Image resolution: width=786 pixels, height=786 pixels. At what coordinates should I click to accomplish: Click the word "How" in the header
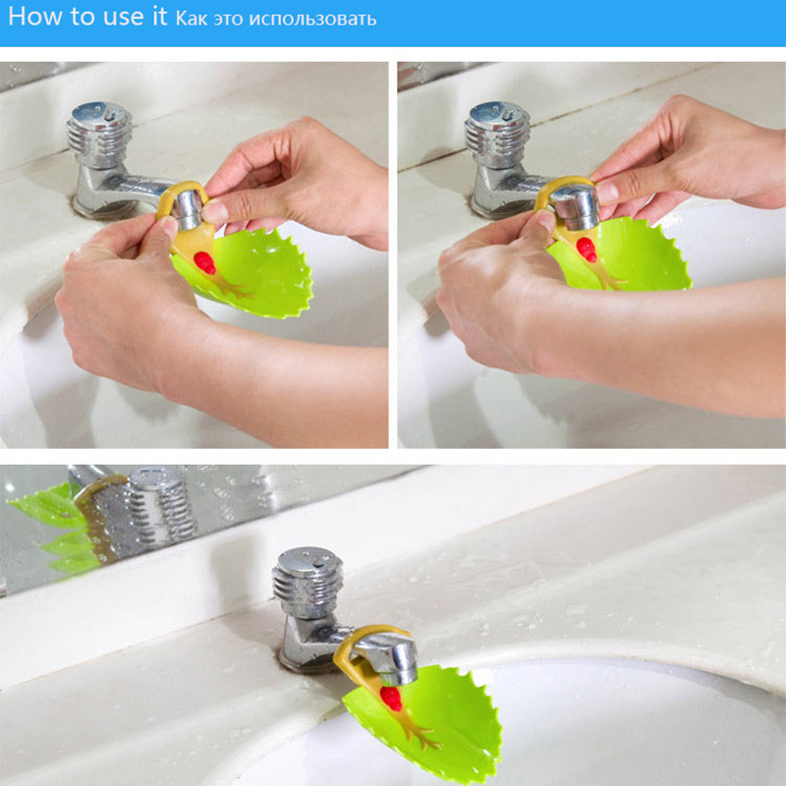pyautogui.click(x=35, y=17)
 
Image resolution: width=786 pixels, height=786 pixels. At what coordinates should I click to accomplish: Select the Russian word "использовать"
pyautogui.click(x=312, y=19)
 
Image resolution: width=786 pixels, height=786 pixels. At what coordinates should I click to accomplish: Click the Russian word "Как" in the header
pyautogui.click(x=191, y=19)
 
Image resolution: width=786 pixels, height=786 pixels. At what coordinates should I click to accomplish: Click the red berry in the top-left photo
pyautogui.click(x=204, y=262)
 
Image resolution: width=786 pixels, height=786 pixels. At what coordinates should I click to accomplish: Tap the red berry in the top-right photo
pyautogui.click(x=586, y=250)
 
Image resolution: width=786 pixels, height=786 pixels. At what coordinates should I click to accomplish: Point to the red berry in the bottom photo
pyautogui.click(x=391, y=699)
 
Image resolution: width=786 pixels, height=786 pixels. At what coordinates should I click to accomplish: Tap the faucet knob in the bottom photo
pyautogui.click(x=308, y=582)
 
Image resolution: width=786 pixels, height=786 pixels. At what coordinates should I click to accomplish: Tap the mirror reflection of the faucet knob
pyautogui.click(x=160, y=504)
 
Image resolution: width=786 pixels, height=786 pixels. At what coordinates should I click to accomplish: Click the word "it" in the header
pyautogui.click(x=158, y=17)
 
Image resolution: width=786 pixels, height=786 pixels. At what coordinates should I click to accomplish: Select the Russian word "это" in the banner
pyautogui.click(x=228, y=20)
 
